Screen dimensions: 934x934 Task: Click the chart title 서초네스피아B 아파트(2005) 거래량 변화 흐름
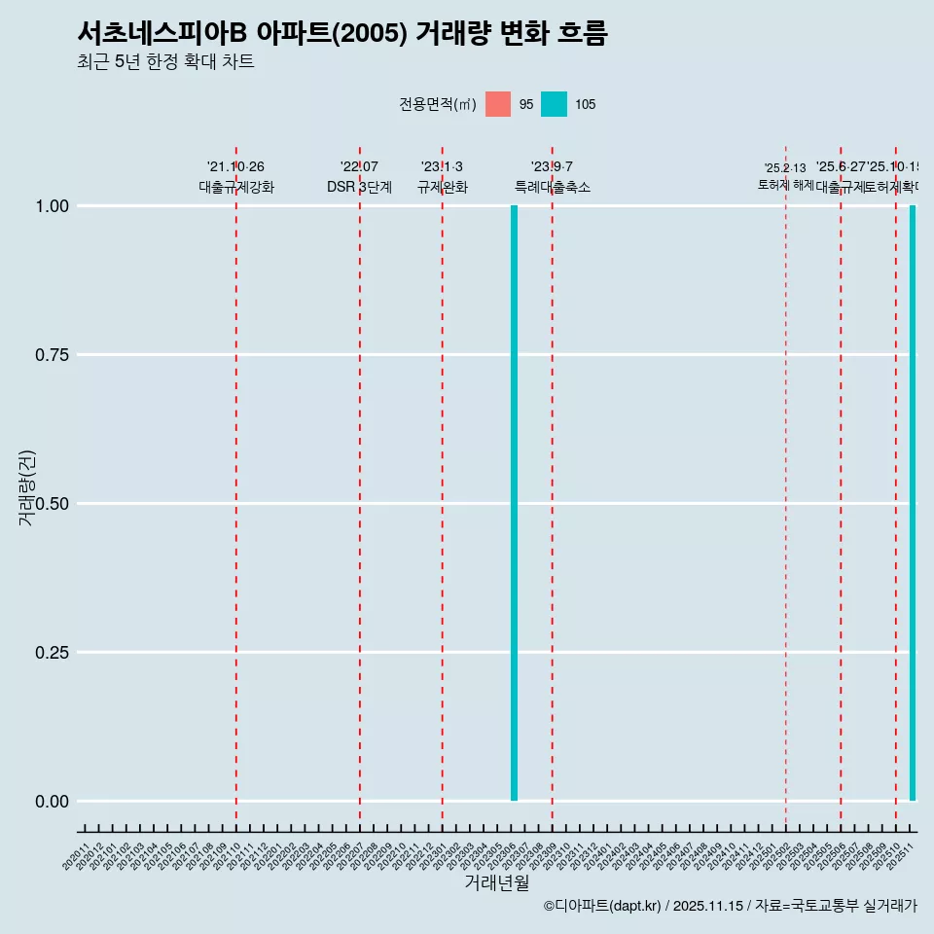pyautogui.click(x=341, y=33)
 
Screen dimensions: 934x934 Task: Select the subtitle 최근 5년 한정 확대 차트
pyautogui.click(x=165, y=62)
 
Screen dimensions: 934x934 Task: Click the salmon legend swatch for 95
pyautogui.click(x=498, y=104)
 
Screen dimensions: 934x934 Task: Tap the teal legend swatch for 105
pyautogui.click(x=554, y=104)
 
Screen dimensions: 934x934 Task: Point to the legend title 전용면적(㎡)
pyautogui.click(x=437, y=104)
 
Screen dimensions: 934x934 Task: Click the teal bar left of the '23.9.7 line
pyautogui.click(x=514, y=503)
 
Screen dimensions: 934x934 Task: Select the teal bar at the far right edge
pyautogui.click(x=913, y=503)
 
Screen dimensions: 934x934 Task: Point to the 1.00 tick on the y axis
pyautogui.click(x=51, y=206)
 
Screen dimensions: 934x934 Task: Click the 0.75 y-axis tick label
pyautogui.click(x=51, y=355)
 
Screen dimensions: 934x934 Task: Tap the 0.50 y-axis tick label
pyautogui.click(x=51, y=504)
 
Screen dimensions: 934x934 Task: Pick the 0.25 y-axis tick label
pyautogui.click(x=51, y=653)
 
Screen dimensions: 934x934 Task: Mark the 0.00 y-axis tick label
pyautogui.click(x=51, y=802)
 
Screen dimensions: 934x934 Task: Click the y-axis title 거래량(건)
pyautogui.click(x=26, y=488)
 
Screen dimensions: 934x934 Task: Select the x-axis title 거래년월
pyautogui.click(x=496, y=882)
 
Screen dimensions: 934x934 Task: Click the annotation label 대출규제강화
pyautogui.click(x=236, y=187)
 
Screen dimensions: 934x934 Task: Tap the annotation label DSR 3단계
pyautogui.click(x=359, y=187)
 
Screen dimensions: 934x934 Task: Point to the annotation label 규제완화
pyautogui.click(x=443, y=187)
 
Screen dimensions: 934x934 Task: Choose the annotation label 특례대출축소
pyautogui.click(x=553, y=187)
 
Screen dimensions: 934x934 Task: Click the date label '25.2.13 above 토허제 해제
pyautogui.click(x=785, y=168)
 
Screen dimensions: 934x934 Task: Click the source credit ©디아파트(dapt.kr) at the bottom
pyautogui.click(x=602, y=906)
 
